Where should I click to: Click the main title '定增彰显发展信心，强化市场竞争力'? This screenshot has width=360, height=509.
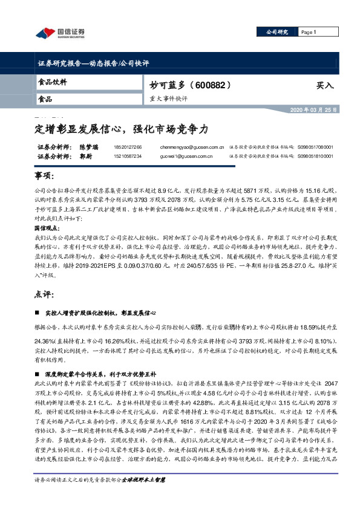(120, 129)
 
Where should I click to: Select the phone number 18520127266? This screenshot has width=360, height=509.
(127, 147)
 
